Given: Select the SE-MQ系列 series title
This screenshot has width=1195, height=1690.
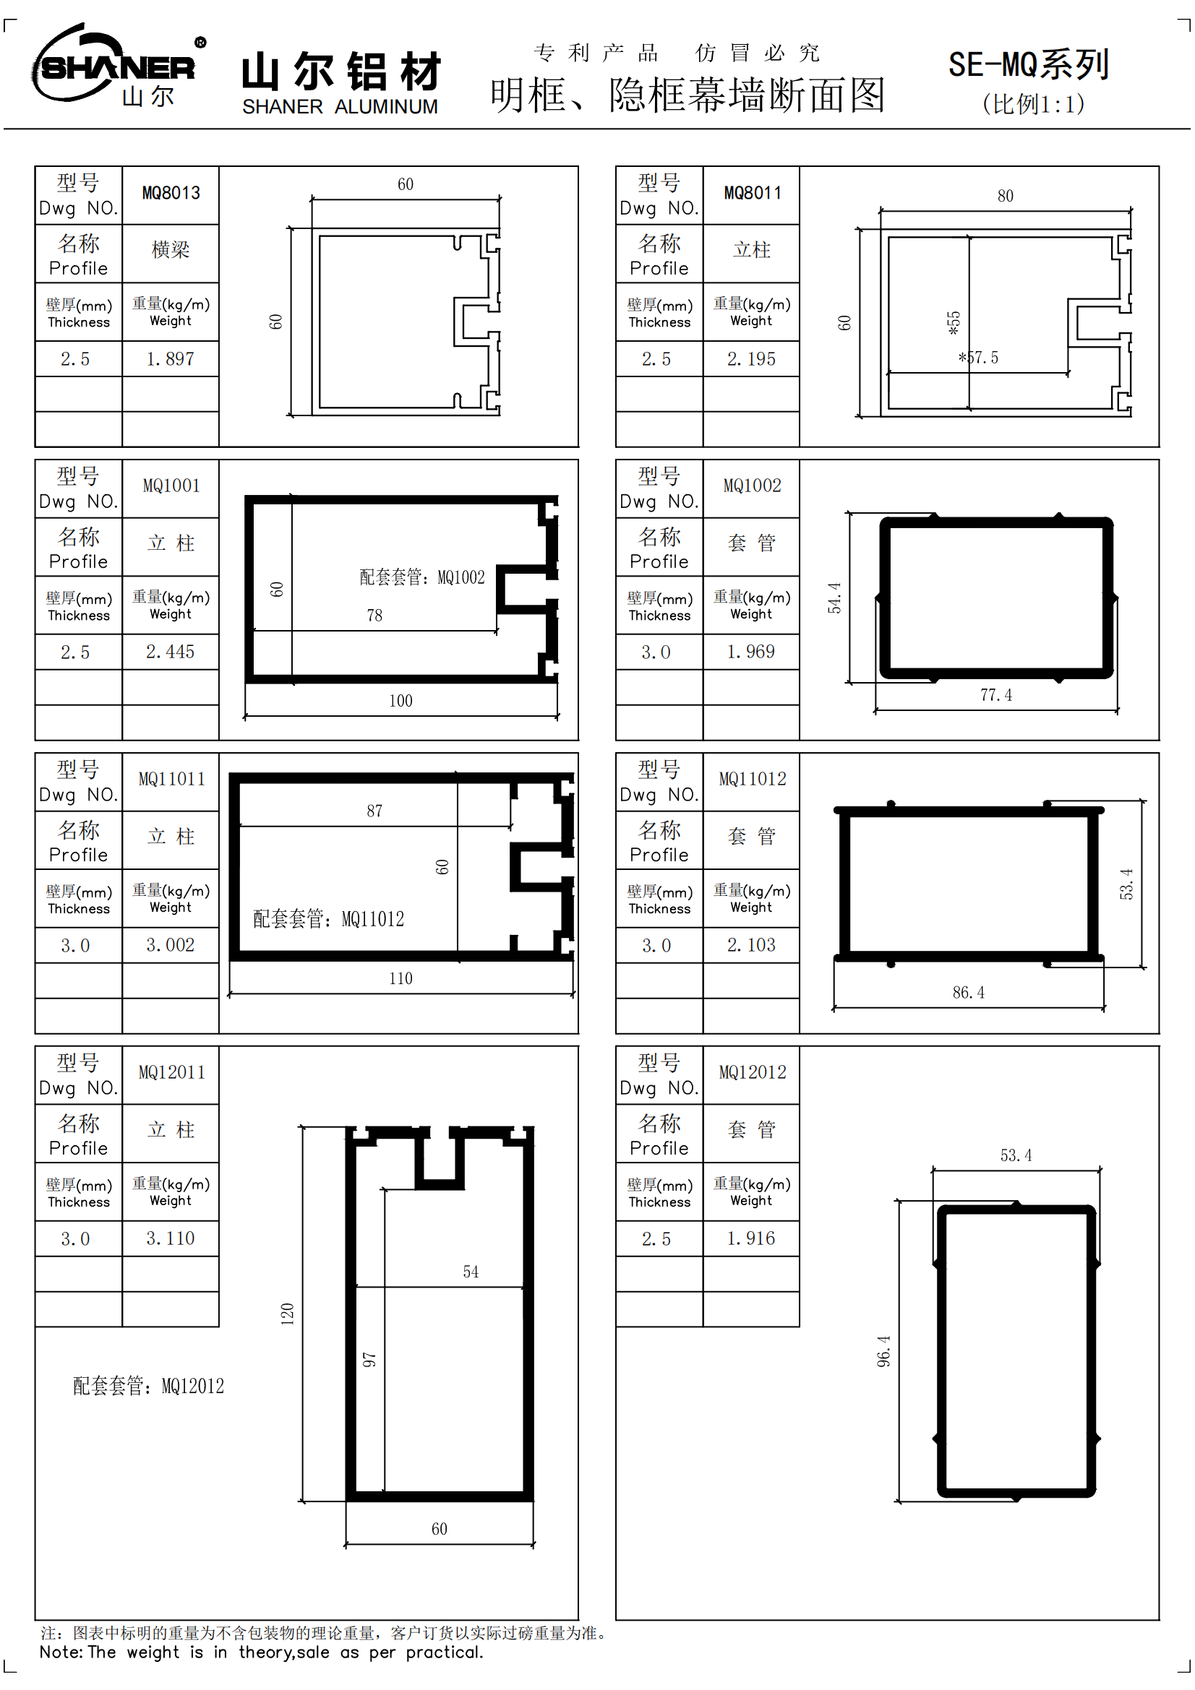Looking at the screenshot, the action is pos(1029,65).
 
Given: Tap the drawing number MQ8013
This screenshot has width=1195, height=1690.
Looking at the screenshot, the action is pos(171,193).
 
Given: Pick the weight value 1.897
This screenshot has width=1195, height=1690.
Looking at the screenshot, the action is pos(170,358).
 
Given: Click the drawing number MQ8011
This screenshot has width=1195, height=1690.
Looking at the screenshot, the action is pos(752,193).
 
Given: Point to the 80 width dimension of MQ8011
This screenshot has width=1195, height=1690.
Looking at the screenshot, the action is pos(1005,196).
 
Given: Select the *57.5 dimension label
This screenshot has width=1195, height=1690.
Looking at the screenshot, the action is pos(978,358).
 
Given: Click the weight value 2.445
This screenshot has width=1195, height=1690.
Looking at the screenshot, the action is pos(170,652).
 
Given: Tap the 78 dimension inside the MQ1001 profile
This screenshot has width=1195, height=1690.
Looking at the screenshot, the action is pos(374,616).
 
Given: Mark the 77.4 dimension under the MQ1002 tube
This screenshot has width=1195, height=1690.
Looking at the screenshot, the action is pos(995,695).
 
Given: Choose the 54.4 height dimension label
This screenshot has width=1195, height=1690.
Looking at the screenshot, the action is pos(834,598).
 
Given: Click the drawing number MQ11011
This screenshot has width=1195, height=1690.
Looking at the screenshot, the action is pos(171,779).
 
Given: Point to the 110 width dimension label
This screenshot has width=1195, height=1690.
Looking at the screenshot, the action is pos(401,978).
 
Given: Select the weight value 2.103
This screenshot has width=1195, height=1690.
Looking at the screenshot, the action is pos(751,944).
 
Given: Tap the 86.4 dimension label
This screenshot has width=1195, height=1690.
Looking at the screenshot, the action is pos(968,992).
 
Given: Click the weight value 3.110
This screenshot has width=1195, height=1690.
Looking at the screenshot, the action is pos(170,1238).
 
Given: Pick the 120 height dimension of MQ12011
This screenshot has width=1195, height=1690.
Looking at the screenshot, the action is pos(287,1314).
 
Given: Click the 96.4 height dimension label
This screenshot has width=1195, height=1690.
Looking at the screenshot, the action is pos(883,1351).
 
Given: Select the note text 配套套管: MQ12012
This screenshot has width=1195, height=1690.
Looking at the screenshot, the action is pos(148,1386).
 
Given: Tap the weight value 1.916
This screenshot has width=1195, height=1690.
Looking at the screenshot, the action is pos(751,1238).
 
